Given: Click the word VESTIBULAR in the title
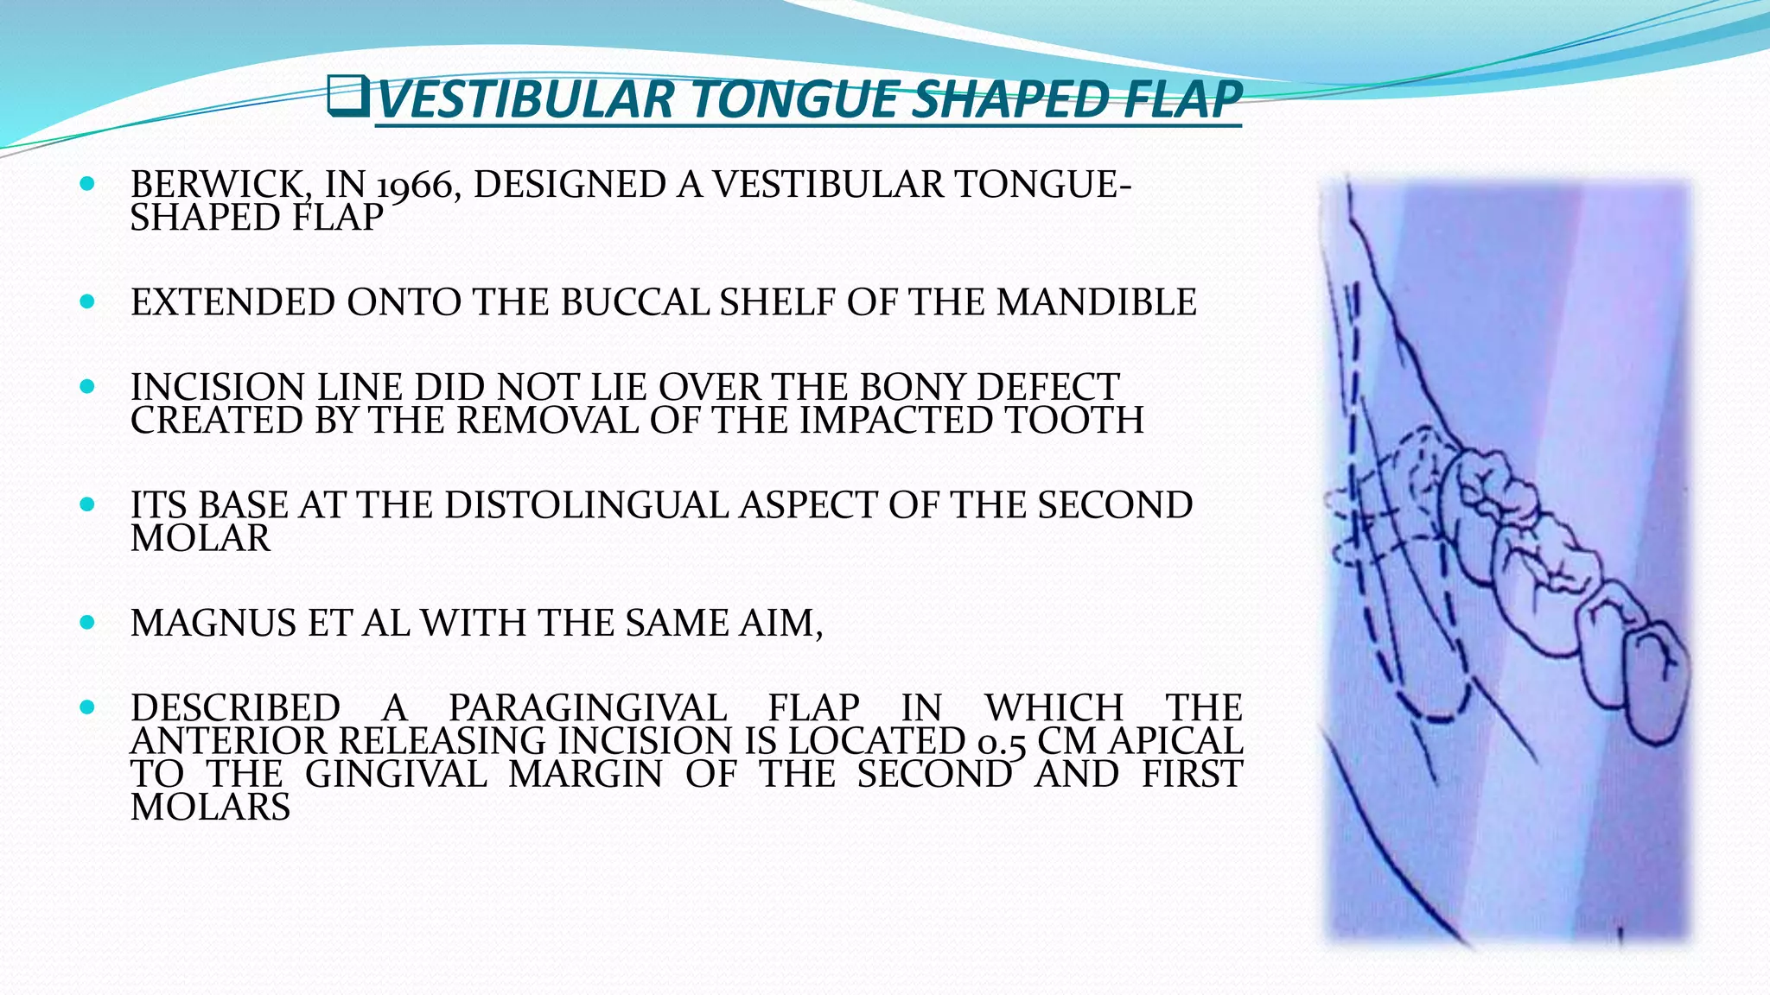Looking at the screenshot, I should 525,99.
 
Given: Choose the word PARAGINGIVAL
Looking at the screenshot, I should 588,708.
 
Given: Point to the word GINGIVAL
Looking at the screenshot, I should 397,774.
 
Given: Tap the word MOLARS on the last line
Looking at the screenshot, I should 210,808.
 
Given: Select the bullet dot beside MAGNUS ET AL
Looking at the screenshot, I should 86,622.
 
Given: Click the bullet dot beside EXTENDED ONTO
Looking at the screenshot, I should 86,302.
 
